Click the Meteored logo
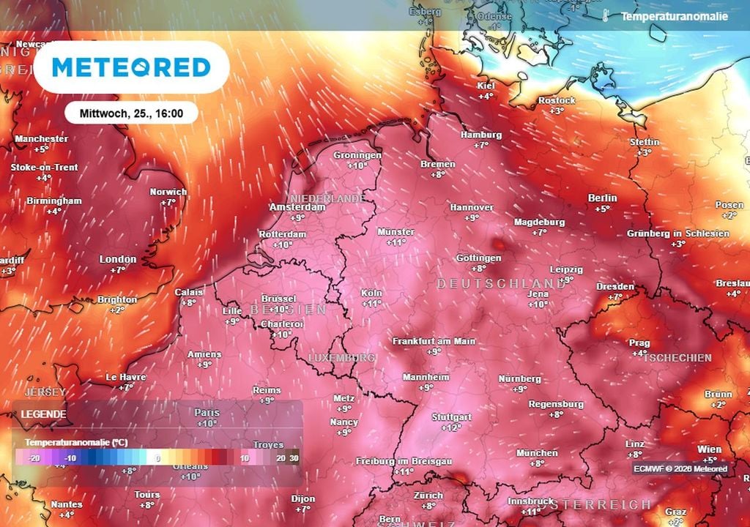click(132, 67)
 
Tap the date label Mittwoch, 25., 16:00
click(131, 113)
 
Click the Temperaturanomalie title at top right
click(674, 16)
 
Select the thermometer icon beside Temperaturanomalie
click(606, 15)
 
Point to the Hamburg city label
click(481, 135)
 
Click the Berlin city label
click(602, 198)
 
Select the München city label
click(537, 453)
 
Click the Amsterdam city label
click(297, 207)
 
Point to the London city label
click(118, 259)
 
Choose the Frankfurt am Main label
click(434, 341)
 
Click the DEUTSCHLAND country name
click(501, 283)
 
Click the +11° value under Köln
click(372, 303)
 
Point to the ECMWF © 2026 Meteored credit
click(680, 469)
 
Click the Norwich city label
click(168, 192)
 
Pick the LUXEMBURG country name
click(342, 357)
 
